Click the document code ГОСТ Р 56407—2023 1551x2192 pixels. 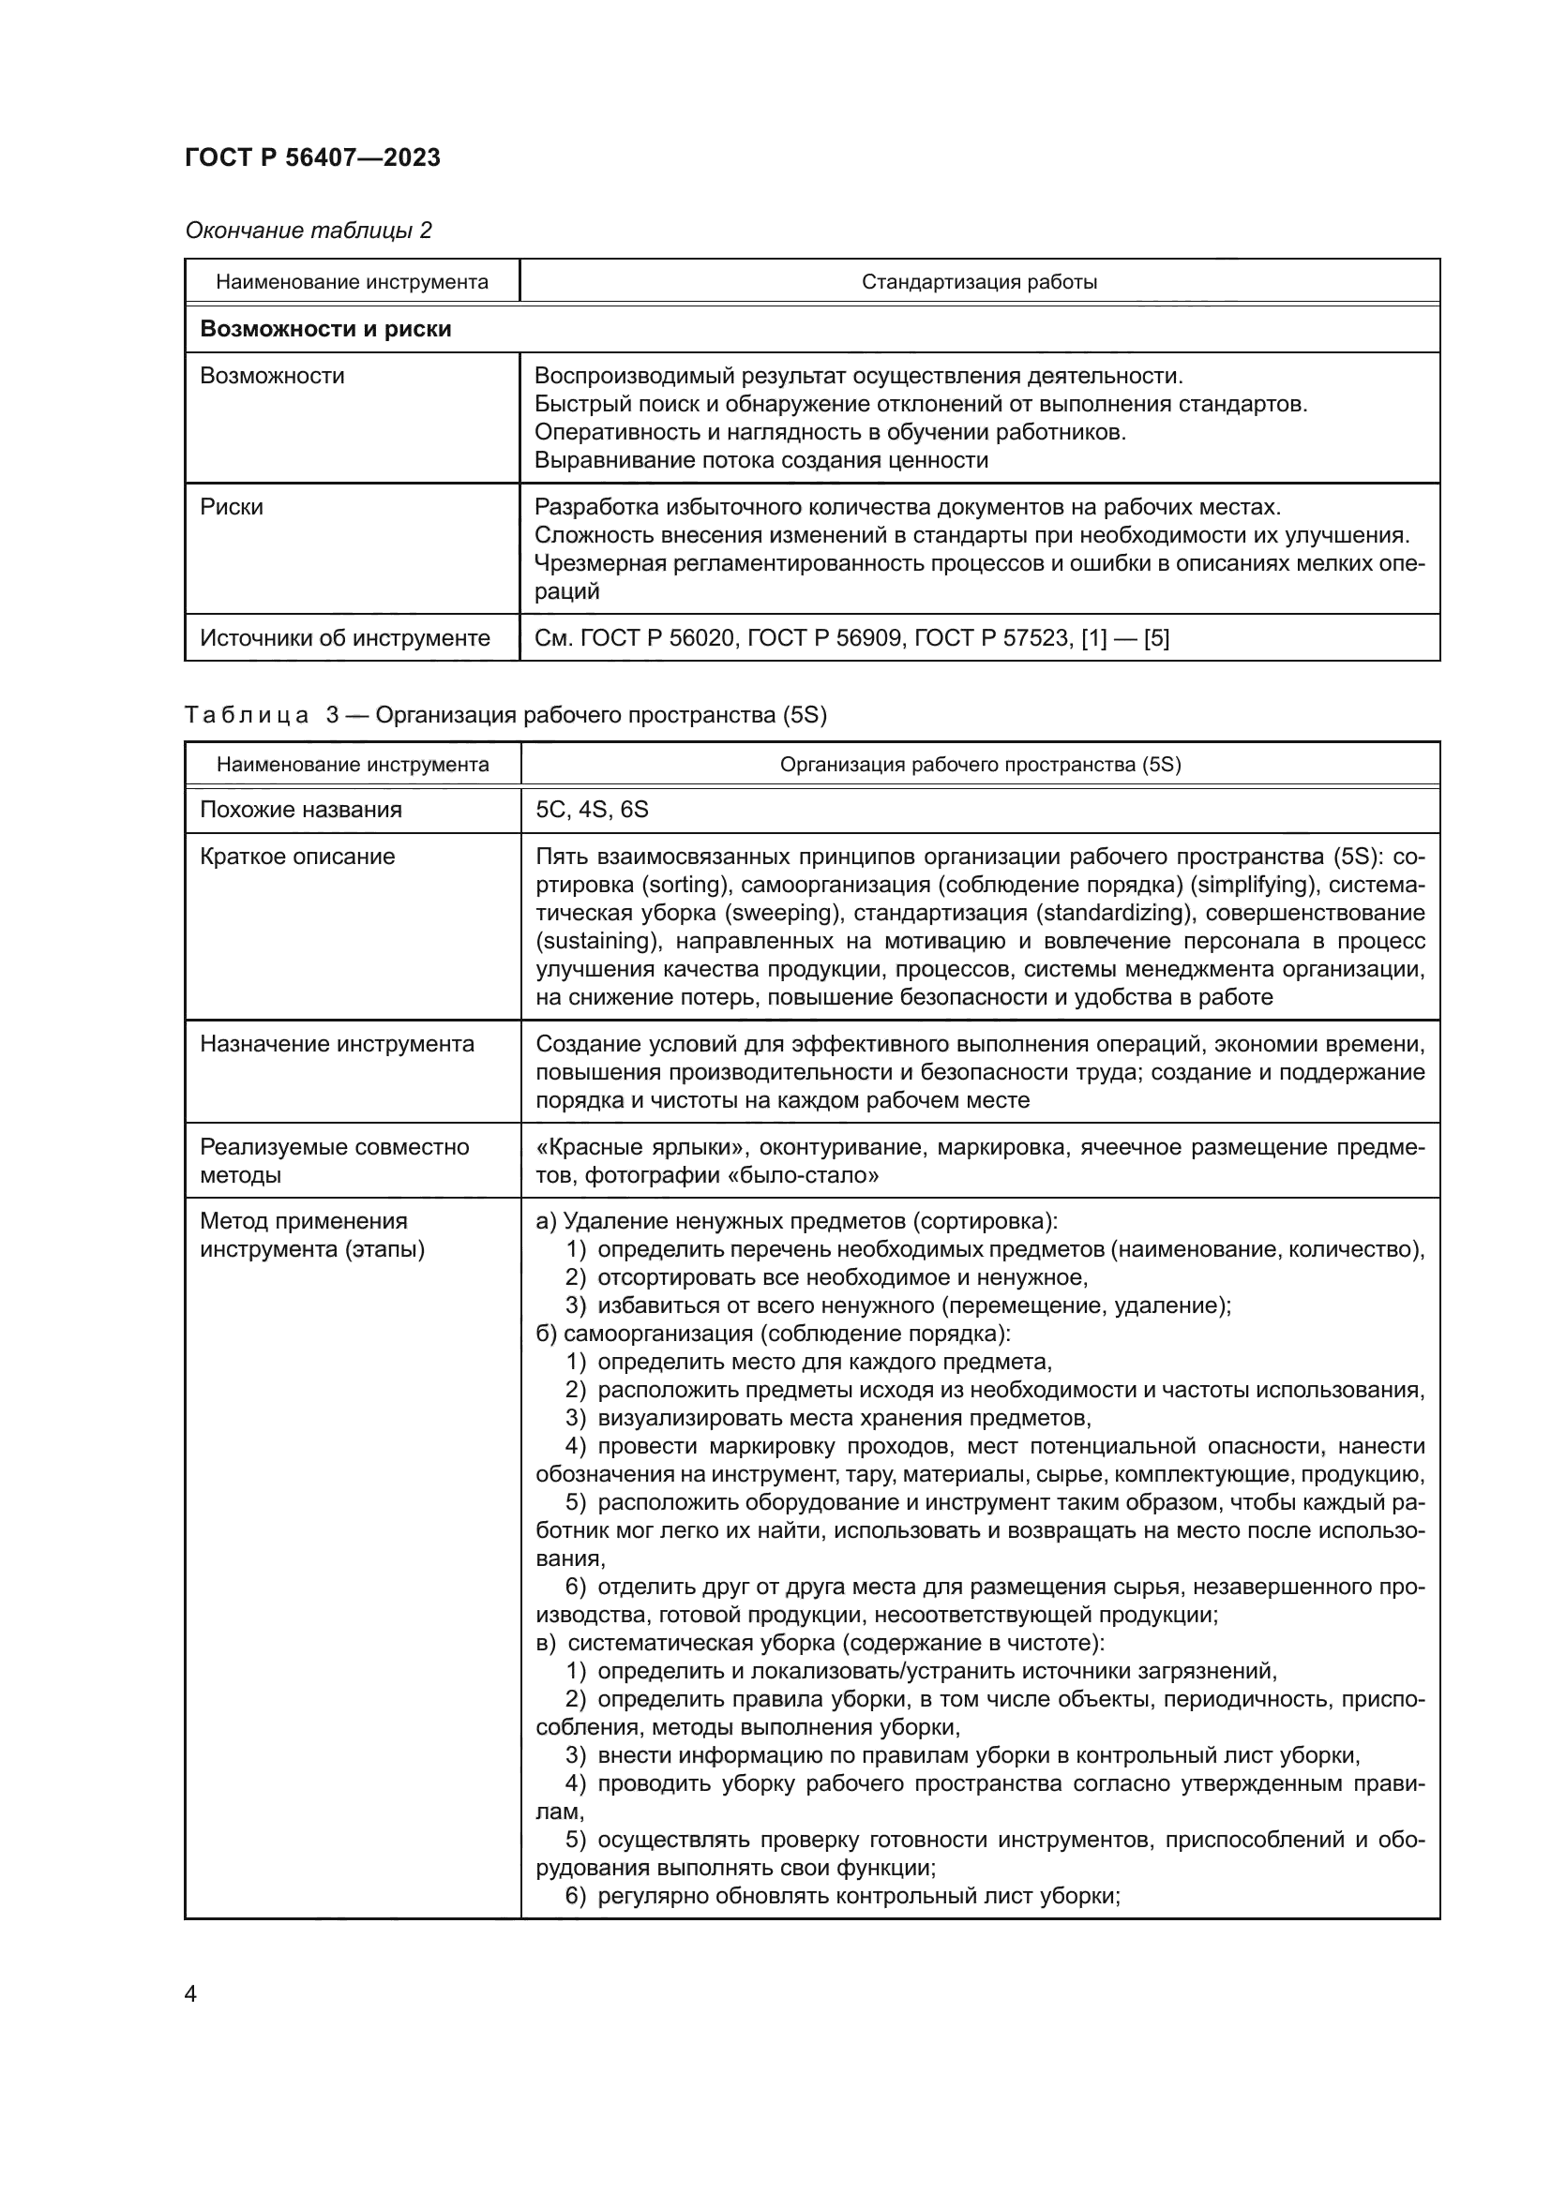(312, 157)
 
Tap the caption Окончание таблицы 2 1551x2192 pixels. (308, 231)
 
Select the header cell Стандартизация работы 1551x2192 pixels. (979, 282)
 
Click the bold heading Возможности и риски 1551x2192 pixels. (324, 329)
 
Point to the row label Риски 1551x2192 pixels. (231, 507)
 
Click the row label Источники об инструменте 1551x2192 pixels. (345, 638)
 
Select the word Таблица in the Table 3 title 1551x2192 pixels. (246, 715)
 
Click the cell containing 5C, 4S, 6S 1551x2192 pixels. (592, 810)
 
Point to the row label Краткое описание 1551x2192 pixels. (297, 857)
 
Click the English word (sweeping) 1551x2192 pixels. (783, 913)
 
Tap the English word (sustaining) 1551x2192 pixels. (598, 941)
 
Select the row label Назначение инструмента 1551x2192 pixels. (337, 1043)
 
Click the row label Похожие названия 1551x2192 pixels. (301, 810)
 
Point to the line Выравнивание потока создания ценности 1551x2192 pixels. (760, 460)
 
